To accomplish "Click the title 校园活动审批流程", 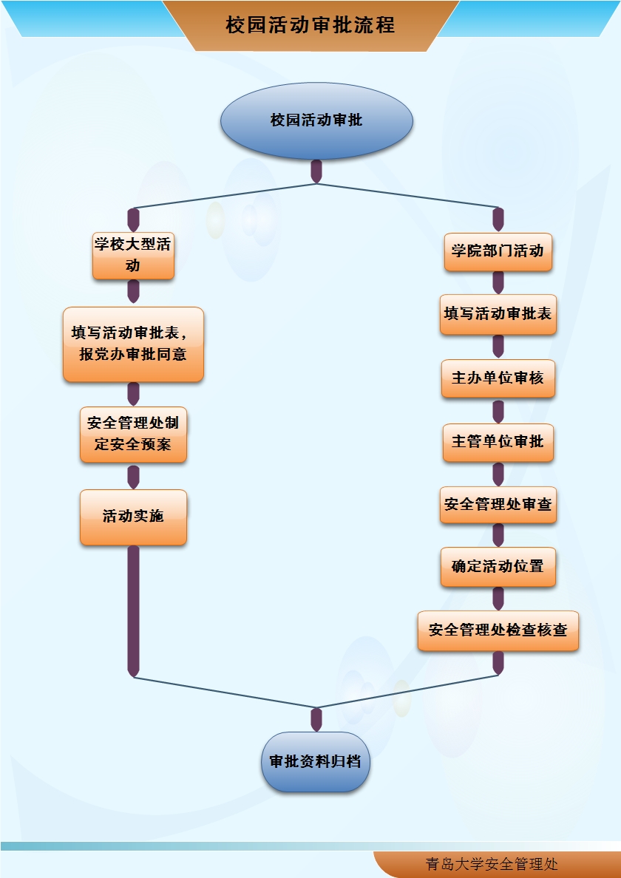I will tap(310, 25).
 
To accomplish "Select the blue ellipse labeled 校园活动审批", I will tap(316, 120).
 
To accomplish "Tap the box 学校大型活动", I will tap(133, 255).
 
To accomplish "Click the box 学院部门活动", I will tap(498, 251).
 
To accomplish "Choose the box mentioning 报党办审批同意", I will tap(133, 344).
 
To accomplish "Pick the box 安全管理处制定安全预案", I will tap(133, 435).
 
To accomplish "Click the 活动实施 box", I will tap(133, 517).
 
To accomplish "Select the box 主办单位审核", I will tap(498, 378).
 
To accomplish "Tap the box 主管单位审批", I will tap(498, 442).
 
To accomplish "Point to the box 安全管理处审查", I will tap(498, 505).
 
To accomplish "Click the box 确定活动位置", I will tap(498, 567).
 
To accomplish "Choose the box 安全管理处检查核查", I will tap(498, 630).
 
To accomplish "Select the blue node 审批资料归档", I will tap(316, 762).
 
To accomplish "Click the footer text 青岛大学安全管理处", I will tap(492, 864).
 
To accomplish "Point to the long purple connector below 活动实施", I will tap(133, 610).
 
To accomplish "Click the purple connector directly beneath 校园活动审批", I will tap(316, 171).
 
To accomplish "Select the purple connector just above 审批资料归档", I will tap(316, 719).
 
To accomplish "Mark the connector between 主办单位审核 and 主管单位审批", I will tap(498, 410).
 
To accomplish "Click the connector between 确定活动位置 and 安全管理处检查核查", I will tap(498, 599).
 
